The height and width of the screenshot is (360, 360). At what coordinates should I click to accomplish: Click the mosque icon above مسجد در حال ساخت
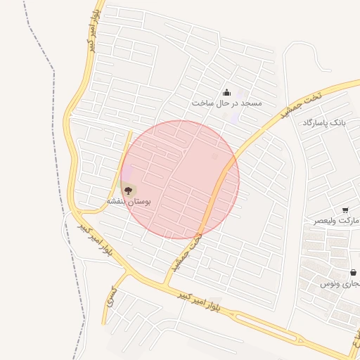(226, 92)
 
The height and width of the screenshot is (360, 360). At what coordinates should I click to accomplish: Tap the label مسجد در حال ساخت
(226, 103)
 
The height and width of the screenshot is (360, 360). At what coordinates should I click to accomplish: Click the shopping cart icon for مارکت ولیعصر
(345, 210)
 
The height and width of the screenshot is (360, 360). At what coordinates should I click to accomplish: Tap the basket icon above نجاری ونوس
(353, 273)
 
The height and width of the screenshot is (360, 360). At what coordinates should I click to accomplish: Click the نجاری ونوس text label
(340, 284)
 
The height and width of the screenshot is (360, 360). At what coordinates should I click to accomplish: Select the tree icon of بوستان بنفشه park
(128, 189)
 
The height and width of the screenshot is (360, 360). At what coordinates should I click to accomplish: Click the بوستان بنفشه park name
(129, 201)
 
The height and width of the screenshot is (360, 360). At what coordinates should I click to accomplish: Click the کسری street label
(110, 295)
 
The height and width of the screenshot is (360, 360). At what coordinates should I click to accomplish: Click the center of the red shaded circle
(180, 179)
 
